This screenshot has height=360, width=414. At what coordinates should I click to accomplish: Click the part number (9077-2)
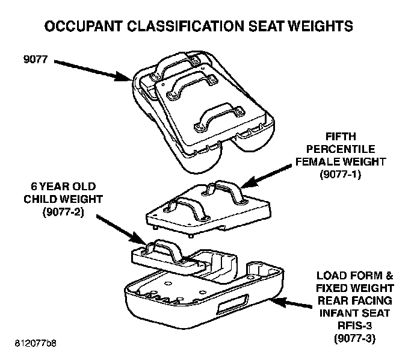coord(63,211)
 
